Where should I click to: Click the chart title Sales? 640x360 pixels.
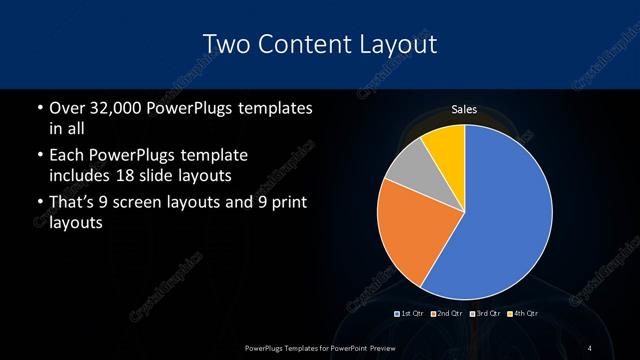[464, 109]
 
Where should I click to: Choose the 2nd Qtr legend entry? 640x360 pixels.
[447, 315]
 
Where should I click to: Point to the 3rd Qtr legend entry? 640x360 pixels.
[485, 315]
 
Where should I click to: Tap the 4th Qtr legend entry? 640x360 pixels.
[523, 315]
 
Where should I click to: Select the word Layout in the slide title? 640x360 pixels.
[397, 44]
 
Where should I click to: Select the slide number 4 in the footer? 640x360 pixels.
[591, 347]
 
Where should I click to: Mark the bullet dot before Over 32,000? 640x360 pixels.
[38, 108]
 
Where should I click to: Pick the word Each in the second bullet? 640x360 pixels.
[66, 157]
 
